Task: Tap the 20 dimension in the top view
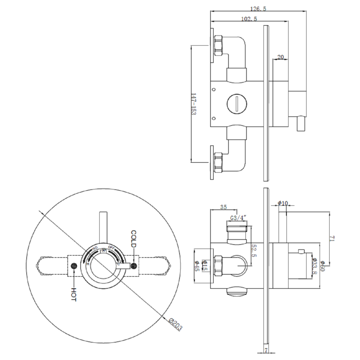(x=280, y=57)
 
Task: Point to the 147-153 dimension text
(x=193, y=105)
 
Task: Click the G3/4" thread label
(x=238, y=218)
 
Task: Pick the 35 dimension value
(x=224, y=207)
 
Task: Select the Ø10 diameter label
(x=283, y=204)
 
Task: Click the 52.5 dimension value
(x=253, y=251)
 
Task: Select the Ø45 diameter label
(x=197, y=266)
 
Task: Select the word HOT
(x=73, y=294)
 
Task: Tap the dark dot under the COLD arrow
(x=134, y=266)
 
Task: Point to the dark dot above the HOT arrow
(x=73, y=266)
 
